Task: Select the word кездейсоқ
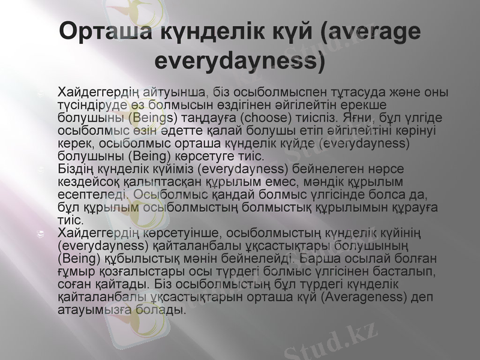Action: click(x=84, y=181)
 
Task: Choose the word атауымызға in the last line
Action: click(x=92, y=310)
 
